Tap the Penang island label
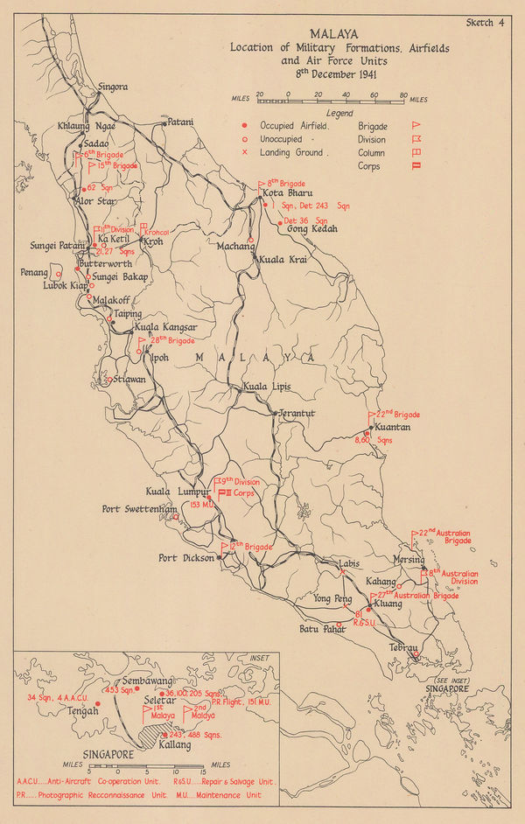coord(35,273)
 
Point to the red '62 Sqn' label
coord(101,187)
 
